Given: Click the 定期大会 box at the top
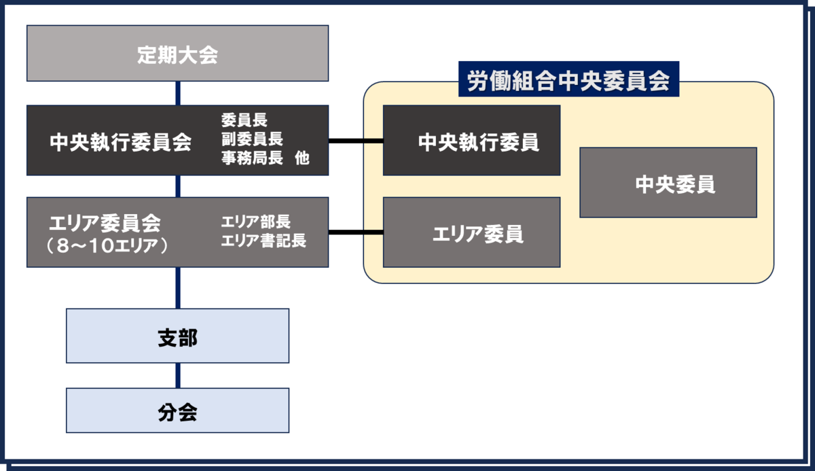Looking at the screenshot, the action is tap(177, 53).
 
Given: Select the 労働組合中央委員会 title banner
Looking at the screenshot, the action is tap(568, 79).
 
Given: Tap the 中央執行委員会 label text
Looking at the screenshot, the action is tap(120, 142).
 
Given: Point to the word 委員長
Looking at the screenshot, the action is tap(244, 120).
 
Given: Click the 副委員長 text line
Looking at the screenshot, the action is tap(252, 139).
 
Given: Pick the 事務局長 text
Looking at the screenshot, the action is tap(252, 158).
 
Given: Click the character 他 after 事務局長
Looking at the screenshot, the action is tap(302, 158).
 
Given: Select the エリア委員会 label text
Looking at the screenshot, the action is tap(105, 223).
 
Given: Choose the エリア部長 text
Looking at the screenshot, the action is tap(256, 222).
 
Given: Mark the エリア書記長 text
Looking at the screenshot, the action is tap(264, 241).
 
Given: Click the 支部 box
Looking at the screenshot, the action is tap(177, 336).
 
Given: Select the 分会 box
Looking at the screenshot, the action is tap(177, 411).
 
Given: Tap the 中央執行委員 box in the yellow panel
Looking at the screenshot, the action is tap(471, 141).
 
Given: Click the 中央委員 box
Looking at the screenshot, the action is tap(668, 182).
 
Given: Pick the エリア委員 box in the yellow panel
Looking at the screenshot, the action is tap(471, 232).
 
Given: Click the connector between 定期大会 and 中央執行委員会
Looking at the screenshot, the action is tap(178, 93).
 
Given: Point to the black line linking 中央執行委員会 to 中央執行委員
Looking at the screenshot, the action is tap(356, 141).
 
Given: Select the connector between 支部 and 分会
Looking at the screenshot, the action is tap(178, 375).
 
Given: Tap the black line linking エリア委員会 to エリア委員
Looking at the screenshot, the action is tap(356, 232).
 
